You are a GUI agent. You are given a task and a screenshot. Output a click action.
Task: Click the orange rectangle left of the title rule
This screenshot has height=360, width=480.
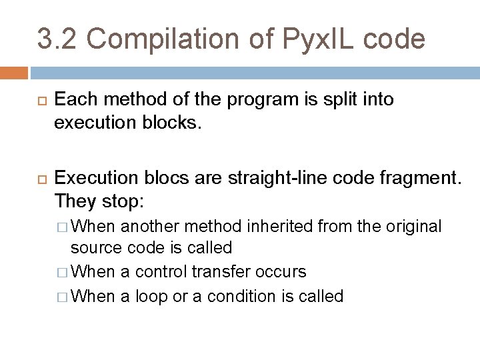[x=14, y=72]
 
